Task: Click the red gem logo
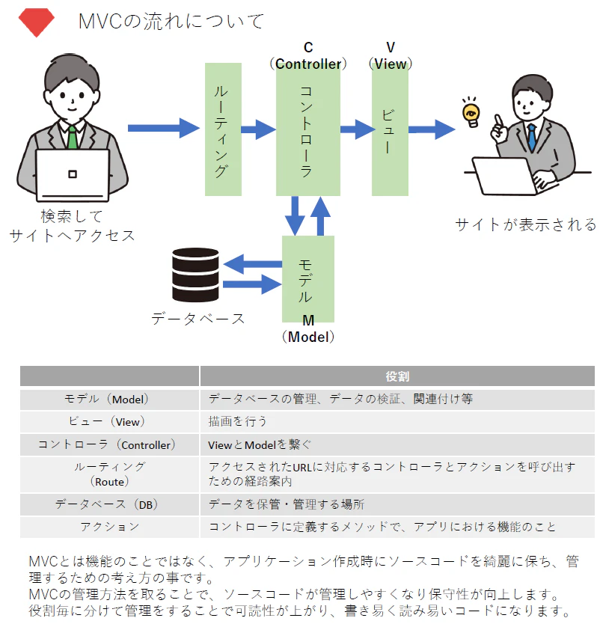(36, 22)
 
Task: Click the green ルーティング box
(223, 129)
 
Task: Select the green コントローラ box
(308, 132)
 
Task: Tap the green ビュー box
(390, 132)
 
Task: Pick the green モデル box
(308, 278)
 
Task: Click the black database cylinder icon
(195, 275)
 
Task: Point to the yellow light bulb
(471, 114)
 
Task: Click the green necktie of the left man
(72, 138)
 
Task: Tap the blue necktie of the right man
(532, 136)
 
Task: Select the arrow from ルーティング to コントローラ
(258, 129)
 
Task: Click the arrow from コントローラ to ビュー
(358, 129)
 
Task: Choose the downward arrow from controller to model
(295, 215)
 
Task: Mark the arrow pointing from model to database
(252, 264)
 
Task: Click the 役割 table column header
(397, 376)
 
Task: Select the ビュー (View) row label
(107, 421)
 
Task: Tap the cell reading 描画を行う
(237, 421)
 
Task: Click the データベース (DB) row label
(107, 504)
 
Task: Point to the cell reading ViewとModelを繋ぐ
(260, 444)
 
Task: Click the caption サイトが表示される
(526, 224)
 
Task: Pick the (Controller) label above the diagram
(308, 64)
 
